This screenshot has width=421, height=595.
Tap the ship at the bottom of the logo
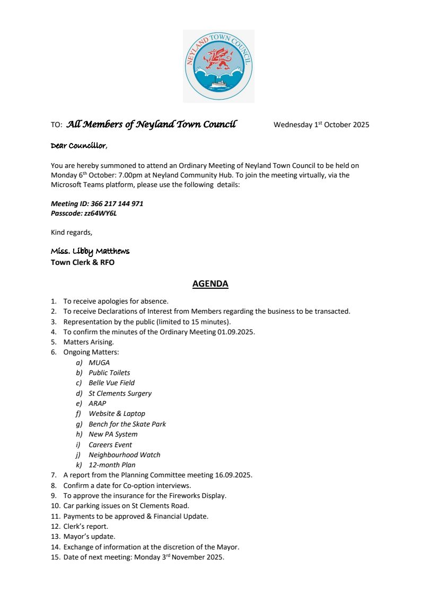pos(218,84)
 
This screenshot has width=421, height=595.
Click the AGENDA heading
pos(210,284)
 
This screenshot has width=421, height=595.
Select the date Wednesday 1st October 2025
pos(321,125)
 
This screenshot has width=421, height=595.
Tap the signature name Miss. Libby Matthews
pos(90,251)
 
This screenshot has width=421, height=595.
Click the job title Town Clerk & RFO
pos(83,262)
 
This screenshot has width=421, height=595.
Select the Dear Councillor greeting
pos(78,146)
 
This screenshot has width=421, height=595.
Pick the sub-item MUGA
pos(99,362)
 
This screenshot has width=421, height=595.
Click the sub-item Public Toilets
pos(109,372)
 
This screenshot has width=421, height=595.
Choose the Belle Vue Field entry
pos(111,383)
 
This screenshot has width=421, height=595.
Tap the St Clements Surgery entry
pos(120,393)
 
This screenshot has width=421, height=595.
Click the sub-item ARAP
pos(98,403)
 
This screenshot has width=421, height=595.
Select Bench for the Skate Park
pos(127,424)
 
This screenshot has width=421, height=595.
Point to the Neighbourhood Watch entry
pos(124,455)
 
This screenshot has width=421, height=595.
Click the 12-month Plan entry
pos(112,465)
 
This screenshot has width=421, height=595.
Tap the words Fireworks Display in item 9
pos(198,496)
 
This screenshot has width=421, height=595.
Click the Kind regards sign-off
pos(72,232)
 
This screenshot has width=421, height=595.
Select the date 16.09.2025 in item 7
pos(232,475)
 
